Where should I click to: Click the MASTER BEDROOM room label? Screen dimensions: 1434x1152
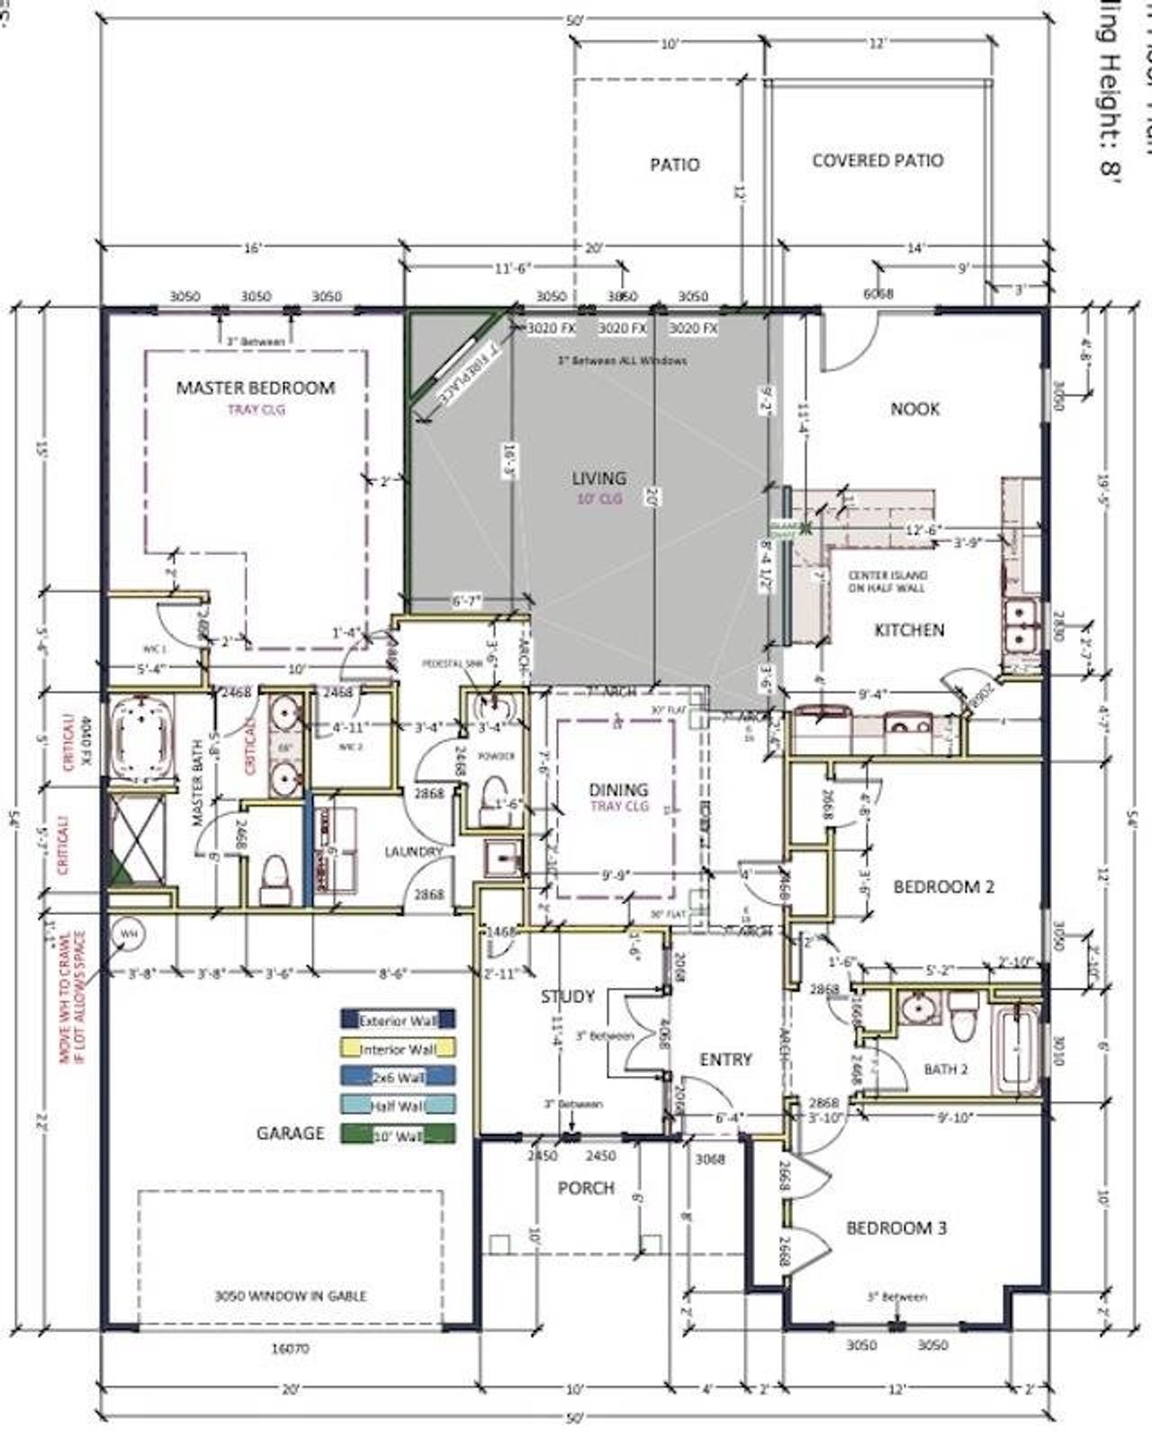(255, 388)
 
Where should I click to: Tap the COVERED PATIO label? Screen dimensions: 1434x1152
(877, 161)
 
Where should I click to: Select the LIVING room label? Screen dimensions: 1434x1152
(599, 478)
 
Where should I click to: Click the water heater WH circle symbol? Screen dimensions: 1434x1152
(129, 935)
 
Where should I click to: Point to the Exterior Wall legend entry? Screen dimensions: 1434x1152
(398, 1021)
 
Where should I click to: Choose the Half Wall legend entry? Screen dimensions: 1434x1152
(398, 1106)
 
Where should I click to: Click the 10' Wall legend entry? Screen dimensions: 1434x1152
(398, 1134)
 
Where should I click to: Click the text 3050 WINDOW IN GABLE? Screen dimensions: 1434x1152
(290, 1295)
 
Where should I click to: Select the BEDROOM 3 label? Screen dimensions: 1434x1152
(895, 1228)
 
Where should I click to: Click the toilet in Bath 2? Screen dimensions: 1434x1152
(964, 1008)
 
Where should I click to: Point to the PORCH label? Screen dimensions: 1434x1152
(586, 1188)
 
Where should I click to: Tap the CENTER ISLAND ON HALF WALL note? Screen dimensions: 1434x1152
(887, 581)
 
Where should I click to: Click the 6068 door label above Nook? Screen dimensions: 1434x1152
(877, 293)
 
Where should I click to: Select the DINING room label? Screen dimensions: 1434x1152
(618, 790)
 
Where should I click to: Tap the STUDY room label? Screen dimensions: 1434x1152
(567, 996)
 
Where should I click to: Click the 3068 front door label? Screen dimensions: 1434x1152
(710, 1159)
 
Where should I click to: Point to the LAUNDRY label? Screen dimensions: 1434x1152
(413, 851)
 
